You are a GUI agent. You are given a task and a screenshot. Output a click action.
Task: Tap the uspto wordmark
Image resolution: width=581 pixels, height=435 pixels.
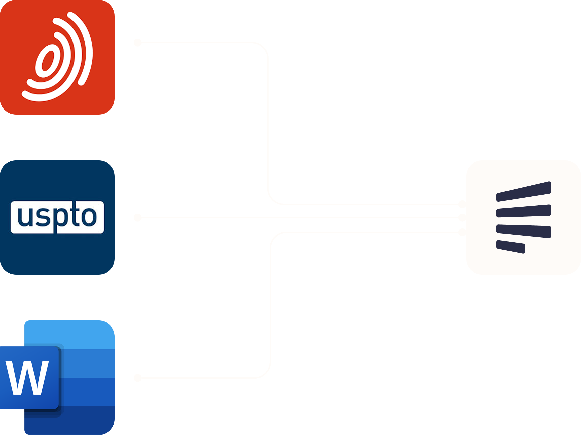57,217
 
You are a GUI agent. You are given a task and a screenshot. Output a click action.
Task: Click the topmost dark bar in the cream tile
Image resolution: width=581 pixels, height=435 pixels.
524,191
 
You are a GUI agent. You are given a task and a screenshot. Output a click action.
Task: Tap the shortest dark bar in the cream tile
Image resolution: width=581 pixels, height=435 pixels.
511,247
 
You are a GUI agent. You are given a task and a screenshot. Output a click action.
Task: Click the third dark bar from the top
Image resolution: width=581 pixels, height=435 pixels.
524,231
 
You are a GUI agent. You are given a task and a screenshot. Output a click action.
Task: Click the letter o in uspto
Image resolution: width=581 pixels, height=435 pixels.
89,217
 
